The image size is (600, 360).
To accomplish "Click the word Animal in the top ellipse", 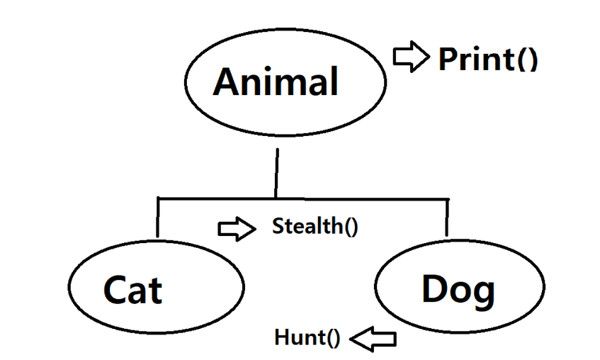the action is pos(276,81).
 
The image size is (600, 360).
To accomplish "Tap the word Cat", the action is pos(132,289).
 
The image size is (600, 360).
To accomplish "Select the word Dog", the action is pos(458,289).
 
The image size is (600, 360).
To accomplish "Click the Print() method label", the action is pos(488,59).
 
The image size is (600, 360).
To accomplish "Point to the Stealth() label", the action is pos(315,227).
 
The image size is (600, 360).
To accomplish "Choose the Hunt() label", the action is pos(307,338).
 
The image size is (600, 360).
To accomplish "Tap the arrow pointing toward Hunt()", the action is pos(373,339).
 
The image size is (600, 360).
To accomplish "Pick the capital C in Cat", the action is pos(116,289).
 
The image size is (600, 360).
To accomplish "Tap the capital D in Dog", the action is pos(436,288).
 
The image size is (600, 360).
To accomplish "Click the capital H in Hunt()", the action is pos(282,338).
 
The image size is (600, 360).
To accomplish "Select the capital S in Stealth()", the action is pos(278,227).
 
